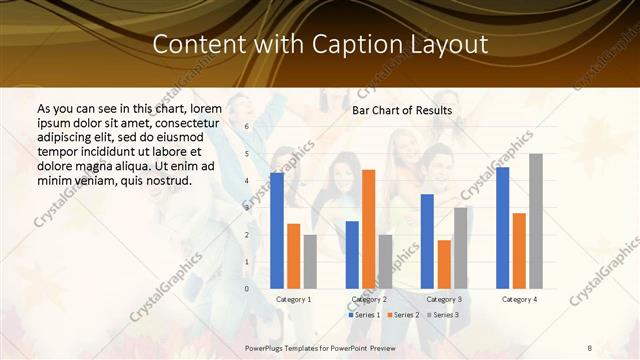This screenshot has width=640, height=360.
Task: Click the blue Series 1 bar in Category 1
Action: (277, 231)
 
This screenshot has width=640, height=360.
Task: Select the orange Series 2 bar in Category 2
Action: (369, 229)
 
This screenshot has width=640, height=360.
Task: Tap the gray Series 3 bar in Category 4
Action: (536, 221)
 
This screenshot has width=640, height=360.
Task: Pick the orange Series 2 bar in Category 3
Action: (444, 264)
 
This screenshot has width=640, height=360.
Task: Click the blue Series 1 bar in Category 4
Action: (502, 228)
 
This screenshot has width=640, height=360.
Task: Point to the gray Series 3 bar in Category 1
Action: (310, 262)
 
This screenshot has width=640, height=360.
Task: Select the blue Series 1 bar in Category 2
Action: (352, 255)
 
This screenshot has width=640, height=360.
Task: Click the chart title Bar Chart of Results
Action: (402, 110)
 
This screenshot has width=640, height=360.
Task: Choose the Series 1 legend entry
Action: (363, 315)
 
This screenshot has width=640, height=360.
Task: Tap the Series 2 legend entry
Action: (403, 315)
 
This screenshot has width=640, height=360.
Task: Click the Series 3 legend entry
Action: (443, 315)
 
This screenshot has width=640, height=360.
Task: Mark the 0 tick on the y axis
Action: (247, 289)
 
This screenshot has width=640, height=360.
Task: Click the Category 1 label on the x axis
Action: (293, 299)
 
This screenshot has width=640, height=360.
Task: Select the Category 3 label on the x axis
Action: (444, 299)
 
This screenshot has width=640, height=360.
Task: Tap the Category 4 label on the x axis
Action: (519, 299)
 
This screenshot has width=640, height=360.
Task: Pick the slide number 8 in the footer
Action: (589, 346)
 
